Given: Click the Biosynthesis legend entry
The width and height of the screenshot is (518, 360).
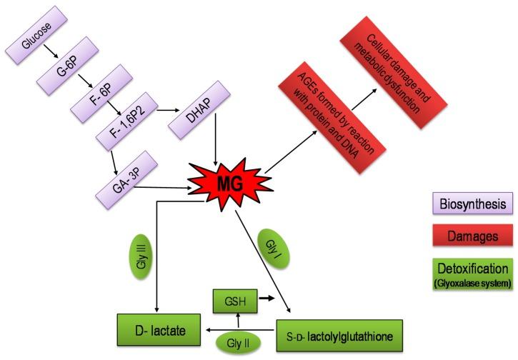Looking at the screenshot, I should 473,204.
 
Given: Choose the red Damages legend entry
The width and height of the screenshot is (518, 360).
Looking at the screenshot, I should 473,235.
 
